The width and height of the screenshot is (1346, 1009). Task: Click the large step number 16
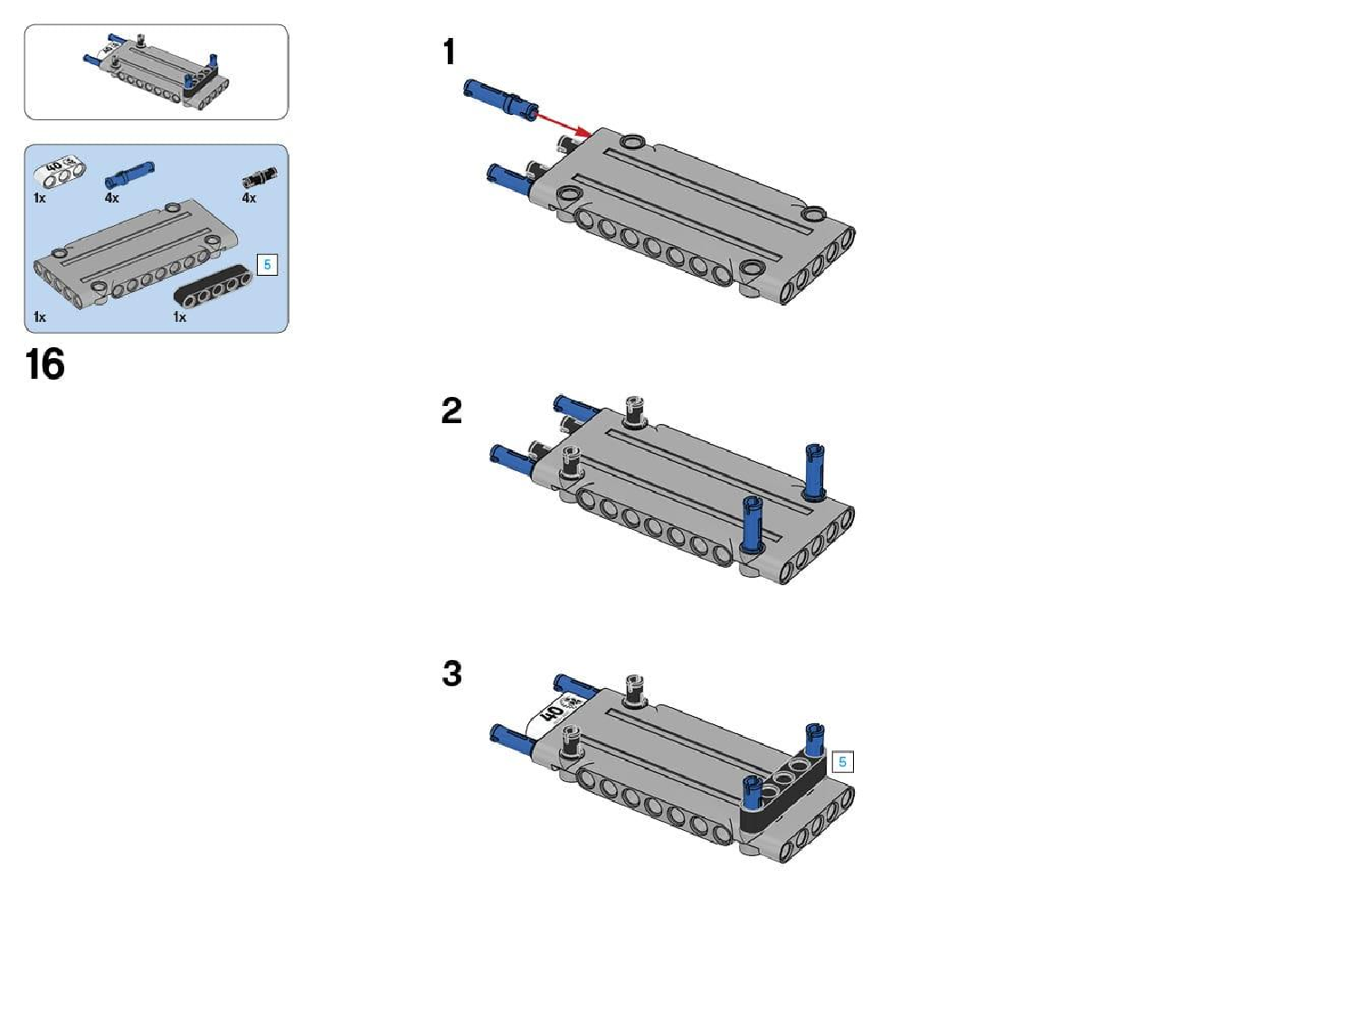click(x=44, y=363)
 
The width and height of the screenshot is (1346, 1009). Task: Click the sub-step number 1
click(x=450, y=52)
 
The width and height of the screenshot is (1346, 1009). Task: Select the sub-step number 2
click(x=451, y=410)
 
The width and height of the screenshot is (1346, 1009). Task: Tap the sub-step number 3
click(x=452, y=674)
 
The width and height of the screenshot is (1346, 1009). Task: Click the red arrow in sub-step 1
click(x=564, y=124)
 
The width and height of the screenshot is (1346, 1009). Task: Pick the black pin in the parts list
click(x=260, y=176)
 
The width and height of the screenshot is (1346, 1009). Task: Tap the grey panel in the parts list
click(x=136, y=259)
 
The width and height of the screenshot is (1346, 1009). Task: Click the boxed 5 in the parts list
click(x=267, y=265)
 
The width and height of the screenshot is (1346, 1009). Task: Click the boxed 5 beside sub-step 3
click(x=842, y=761)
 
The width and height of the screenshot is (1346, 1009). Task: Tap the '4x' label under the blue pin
click(x=111, y=198)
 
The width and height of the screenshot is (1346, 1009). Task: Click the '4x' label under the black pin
click(x=249, y=198)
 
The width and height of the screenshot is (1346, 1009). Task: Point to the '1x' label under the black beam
click(x=179, y=316)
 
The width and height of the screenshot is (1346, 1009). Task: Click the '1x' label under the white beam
click(x=39, y=198)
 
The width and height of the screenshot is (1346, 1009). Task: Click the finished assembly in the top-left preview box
click(x=157, y=71)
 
